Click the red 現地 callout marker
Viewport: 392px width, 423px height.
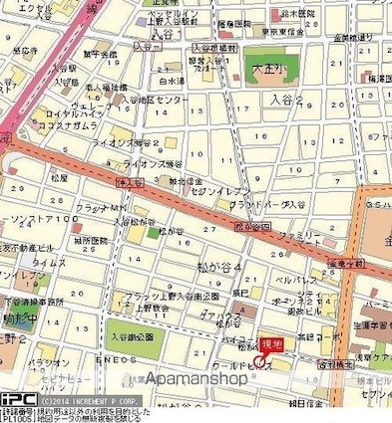tap(270, 344)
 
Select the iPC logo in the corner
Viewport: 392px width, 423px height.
tap(18, 398)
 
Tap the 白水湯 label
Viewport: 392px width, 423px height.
tap(173, 83)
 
